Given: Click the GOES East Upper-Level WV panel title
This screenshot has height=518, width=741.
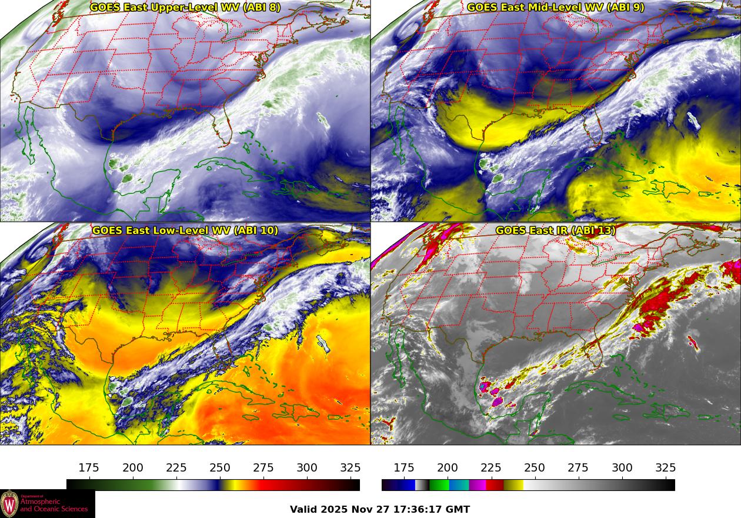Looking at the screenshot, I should coord(185,8).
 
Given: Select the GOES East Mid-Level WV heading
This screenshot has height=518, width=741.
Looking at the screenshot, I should coord(556,8).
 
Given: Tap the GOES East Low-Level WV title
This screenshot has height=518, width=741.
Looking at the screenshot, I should coord(185,230).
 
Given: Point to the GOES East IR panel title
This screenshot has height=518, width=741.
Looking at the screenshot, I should coord(556,230).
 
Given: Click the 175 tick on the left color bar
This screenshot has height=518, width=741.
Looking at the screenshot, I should coord(89,468).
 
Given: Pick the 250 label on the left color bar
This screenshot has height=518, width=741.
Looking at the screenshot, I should coord(220,468).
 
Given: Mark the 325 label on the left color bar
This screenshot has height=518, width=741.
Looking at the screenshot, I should coord(351,468).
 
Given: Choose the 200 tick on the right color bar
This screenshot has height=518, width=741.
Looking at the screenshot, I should coord(447,468).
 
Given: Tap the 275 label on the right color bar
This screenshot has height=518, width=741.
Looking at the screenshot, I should coord(578,468).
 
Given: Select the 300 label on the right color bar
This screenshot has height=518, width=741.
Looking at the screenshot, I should coord(622,468).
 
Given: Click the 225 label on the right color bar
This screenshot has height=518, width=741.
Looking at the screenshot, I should coord(490,468).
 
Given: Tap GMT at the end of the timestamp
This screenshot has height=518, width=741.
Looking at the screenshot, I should coord(459,510).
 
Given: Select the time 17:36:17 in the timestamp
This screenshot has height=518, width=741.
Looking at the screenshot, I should coord(418,510).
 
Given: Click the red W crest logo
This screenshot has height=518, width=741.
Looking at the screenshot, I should coord(9,504).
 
